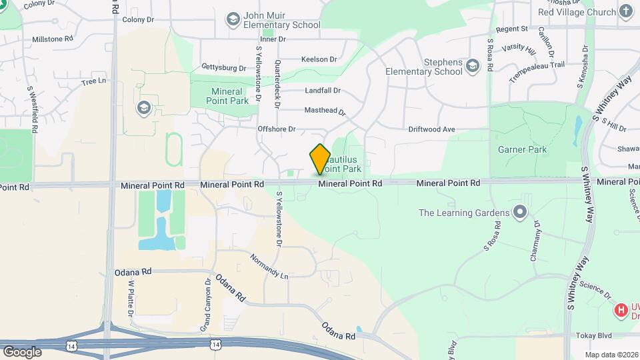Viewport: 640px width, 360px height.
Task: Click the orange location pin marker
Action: [320, 158]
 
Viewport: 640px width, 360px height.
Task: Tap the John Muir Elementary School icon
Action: [233, 19]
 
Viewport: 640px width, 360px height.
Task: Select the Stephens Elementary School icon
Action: [473, 65]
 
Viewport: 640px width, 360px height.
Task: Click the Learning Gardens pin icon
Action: [520, 213]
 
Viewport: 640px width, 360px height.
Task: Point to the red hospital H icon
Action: [621, 310]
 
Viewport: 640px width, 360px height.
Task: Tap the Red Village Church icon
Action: [625, 11]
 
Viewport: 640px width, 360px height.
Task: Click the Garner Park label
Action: [522, 149]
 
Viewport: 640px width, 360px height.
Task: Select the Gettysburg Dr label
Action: [224, 68]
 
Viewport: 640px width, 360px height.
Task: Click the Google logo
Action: [22, 351]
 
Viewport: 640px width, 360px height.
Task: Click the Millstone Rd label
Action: [52, 39]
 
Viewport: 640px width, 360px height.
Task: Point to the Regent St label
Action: [512, 29]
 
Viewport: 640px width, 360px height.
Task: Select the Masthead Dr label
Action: [325, 111]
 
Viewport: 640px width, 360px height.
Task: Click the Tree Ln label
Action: [93, 81]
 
